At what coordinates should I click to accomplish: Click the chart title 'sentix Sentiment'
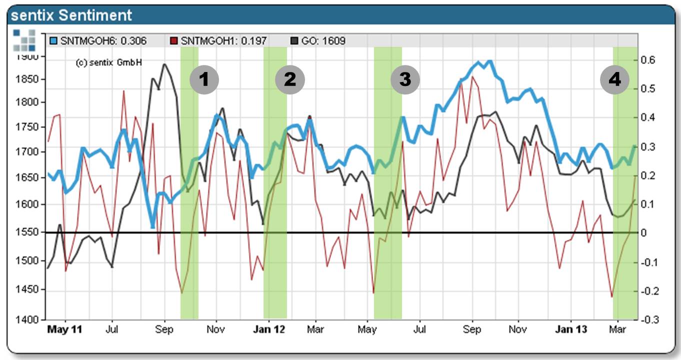pos(71,15)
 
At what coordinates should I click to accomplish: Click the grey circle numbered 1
pos(204,79)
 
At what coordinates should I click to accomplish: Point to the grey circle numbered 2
pos(289,79)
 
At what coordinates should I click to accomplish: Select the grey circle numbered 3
pos(404,79)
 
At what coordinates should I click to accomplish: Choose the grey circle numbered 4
pos(614,79)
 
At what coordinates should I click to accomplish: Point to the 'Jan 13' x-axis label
pos(571,330)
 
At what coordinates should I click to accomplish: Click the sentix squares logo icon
pos(24,40)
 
